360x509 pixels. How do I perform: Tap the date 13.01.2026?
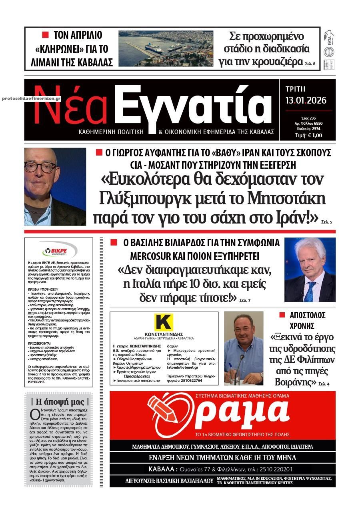point(306,100)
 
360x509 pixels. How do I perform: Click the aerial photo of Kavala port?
point(166,48)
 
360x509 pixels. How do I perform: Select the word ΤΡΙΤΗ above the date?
point(296,89)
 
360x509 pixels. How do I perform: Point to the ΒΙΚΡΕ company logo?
point(59,251)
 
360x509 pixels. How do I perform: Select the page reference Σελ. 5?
point(326,221)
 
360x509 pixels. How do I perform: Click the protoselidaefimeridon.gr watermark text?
point(31,98)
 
